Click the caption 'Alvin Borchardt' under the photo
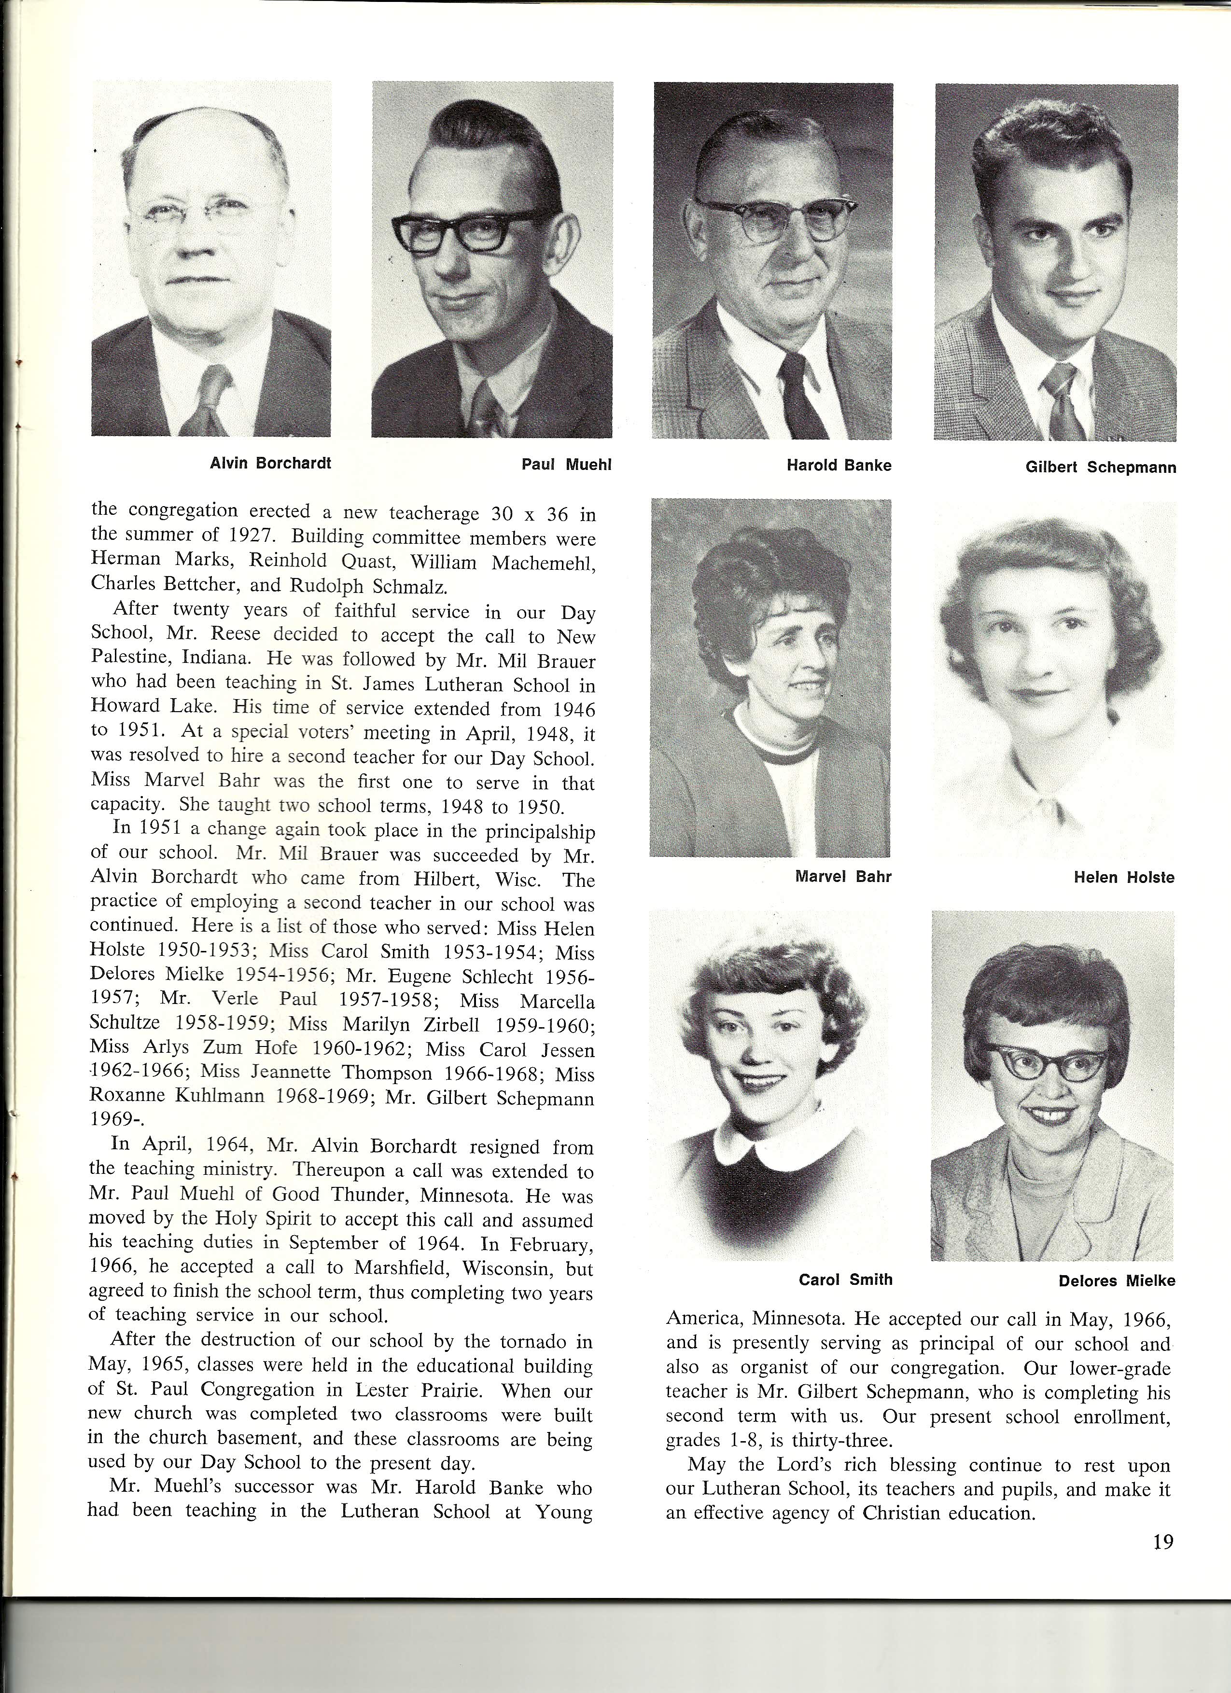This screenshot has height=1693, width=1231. [270, 463]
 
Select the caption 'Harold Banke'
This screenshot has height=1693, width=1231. [839, 466]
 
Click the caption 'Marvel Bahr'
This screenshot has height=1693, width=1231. [843, 876]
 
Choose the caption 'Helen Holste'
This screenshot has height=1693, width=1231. [1123, 878]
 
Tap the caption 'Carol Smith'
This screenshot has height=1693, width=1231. [846, 1280]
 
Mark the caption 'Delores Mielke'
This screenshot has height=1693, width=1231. [1117, 1281]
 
